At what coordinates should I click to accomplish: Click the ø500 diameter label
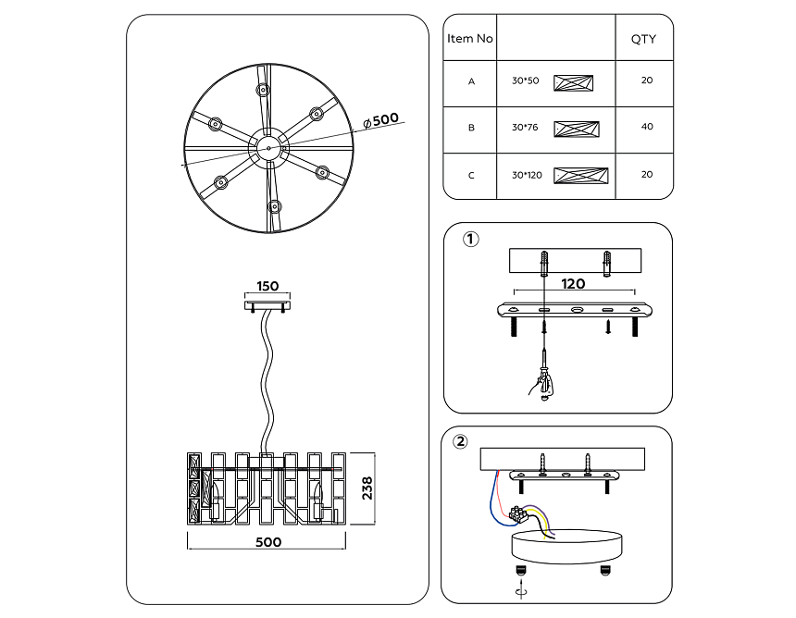383,119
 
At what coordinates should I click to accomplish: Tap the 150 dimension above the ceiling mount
267,287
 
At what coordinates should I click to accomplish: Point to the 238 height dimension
367,488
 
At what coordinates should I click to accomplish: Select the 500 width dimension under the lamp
268,542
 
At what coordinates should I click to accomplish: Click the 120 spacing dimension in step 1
574,284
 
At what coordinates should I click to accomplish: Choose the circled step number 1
470,241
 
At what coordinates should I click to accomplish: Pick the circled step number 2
461,440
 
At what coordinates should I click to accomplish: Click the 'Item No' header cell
470,39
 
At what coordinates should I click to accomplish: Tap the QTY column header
643,39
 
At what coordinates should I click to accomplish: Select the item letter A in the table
471,81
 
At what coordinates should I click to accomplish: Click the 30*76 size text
524,128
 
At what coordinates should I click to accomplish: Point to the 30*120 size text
527,175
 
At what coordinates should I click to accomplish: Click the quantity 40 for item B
646,127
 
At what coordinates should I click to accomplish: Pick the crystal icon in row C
580,176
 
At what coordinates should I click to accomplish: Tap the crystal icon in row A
573,82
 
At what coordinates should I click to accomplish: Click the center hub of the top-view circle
268,146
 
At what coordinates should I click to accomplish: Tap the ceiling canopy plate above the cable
267,303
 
